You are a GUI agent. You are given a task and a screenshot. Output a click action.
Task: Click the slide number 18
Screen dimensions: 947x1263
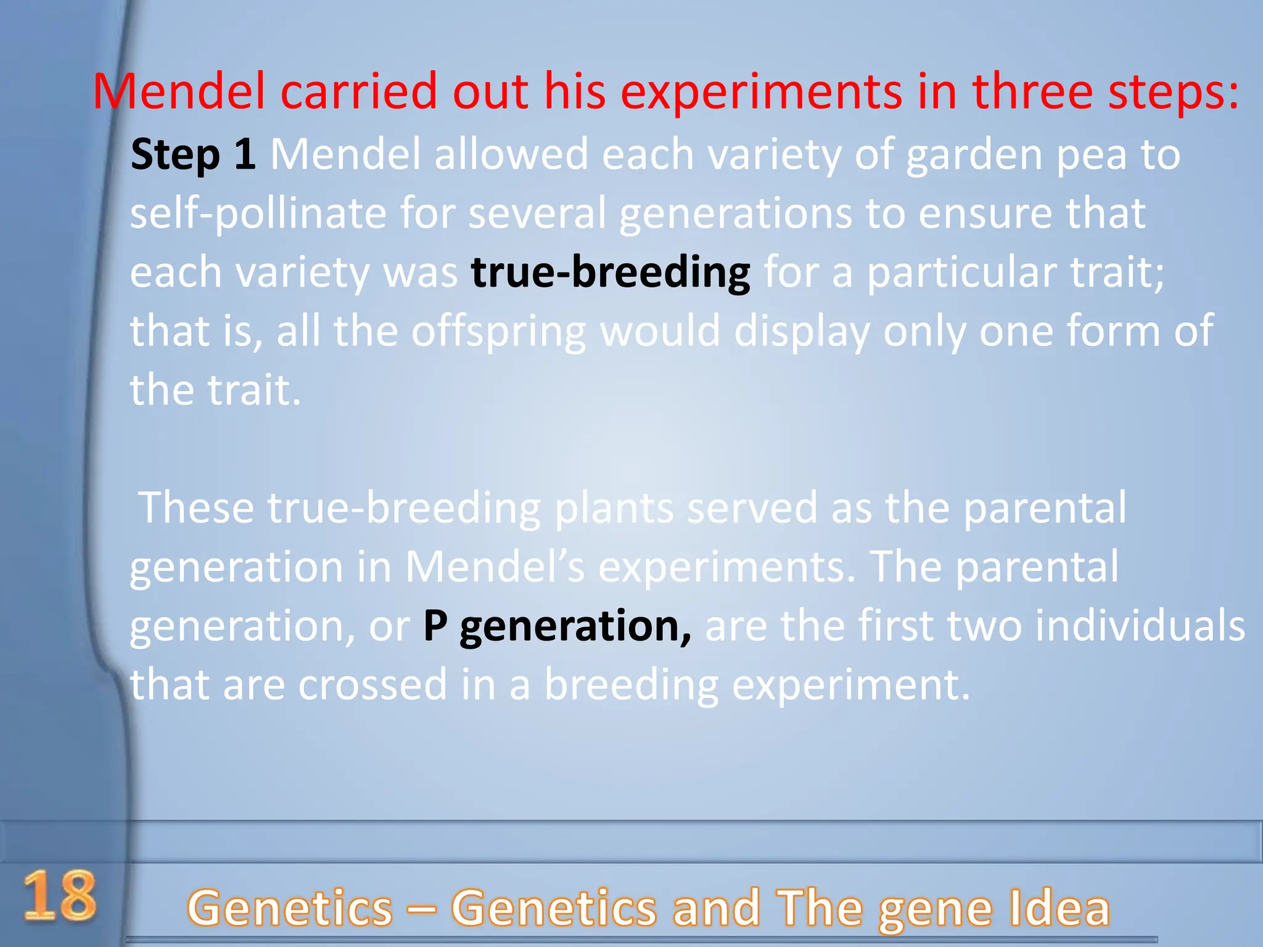coord(60,896)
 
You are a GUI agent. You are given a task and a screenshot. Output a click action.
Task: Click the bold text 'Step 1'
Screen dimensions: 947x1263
coord(193,154)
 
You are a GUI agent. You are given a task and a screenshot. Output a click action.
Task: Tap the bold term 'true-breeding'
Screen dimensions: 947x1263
coord(611,273)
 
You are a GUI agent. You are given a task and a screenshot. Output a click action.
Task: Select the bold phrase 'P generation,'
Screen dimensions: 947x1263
coord(557,626)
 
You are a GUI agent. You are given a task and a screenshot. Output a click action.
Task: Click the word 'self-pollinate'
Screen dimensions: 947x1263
coord(257,214)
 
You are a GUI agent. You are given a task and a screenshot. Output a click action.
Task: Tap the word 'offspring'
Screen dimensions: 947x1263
coord(498,332)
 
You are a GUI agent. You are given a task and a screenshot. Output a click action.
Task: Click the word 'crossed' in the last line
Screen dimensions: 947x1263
coord(372,684)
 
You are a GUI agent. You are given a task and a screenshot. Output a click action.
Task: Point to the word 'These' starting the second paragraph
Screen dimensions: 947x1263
coord(197,507)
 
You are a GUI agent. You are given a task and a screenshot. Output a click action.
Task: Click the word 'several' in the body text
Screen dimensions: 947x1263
coord(537,213)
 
